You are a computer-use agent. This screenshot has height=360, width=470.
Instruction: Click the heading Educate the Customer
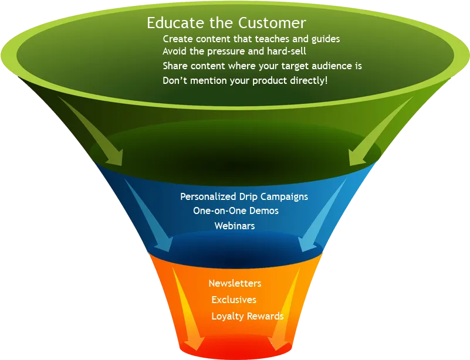226,23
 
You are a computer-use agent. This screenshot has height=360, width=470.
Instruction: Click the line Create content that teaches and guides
251,39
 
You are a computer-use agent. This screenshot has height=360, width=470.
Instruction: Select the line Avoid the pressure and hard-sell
234,52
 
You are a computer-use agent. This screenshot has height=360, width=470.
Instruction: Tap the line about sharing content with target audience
262,66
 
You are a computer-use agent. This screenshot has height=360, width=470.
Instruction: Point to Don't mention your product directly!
245,80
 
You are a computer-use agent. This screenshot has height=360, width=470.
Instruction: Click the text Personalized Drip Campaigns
244,197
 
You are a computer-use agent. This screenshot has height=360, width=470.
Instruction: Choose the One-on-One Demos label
236,210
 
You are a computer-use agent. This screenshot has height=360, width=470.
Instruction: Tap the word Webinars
234,226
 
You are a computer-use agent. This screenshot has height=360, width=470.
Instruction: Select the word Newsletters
235,283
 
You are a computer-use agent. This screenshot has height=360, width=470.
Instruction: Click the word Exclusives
234,300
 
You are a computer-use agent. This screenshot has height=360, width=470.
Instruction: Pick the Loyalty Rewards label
247,316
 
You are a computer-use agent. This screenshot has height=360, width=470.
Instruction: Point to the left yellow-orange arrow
187,308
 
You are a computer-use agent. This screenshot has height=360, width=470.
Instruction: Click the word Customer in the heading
272,23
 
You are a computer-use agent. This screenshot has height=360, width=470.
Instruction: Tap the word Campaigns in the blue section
284,197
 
